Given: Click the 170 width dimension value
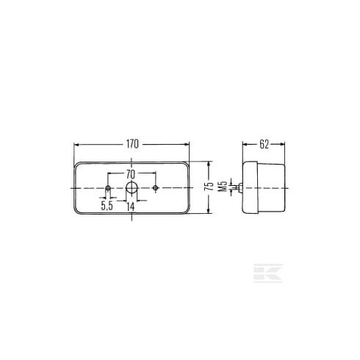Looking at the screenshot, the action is tap(132, 144).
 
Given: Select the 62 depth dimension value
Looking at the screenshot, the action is tap(264, 145).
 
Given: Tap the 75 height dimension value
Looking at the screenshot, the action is tap(209, 187).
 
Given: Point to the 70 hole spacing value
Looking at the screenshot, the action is tap(131, 175).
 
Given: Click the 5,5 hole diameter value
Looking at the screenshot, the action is tap(107, 206).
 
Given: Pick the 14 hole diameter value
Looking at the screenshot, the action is tap(131, 206).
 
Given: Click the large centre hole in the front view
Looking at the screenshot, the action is tap(132, 188).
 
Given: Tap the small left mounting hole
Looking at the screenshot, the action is tap(108, 188).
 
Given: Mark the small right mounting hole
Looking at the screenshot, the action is tap(155, 188).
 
